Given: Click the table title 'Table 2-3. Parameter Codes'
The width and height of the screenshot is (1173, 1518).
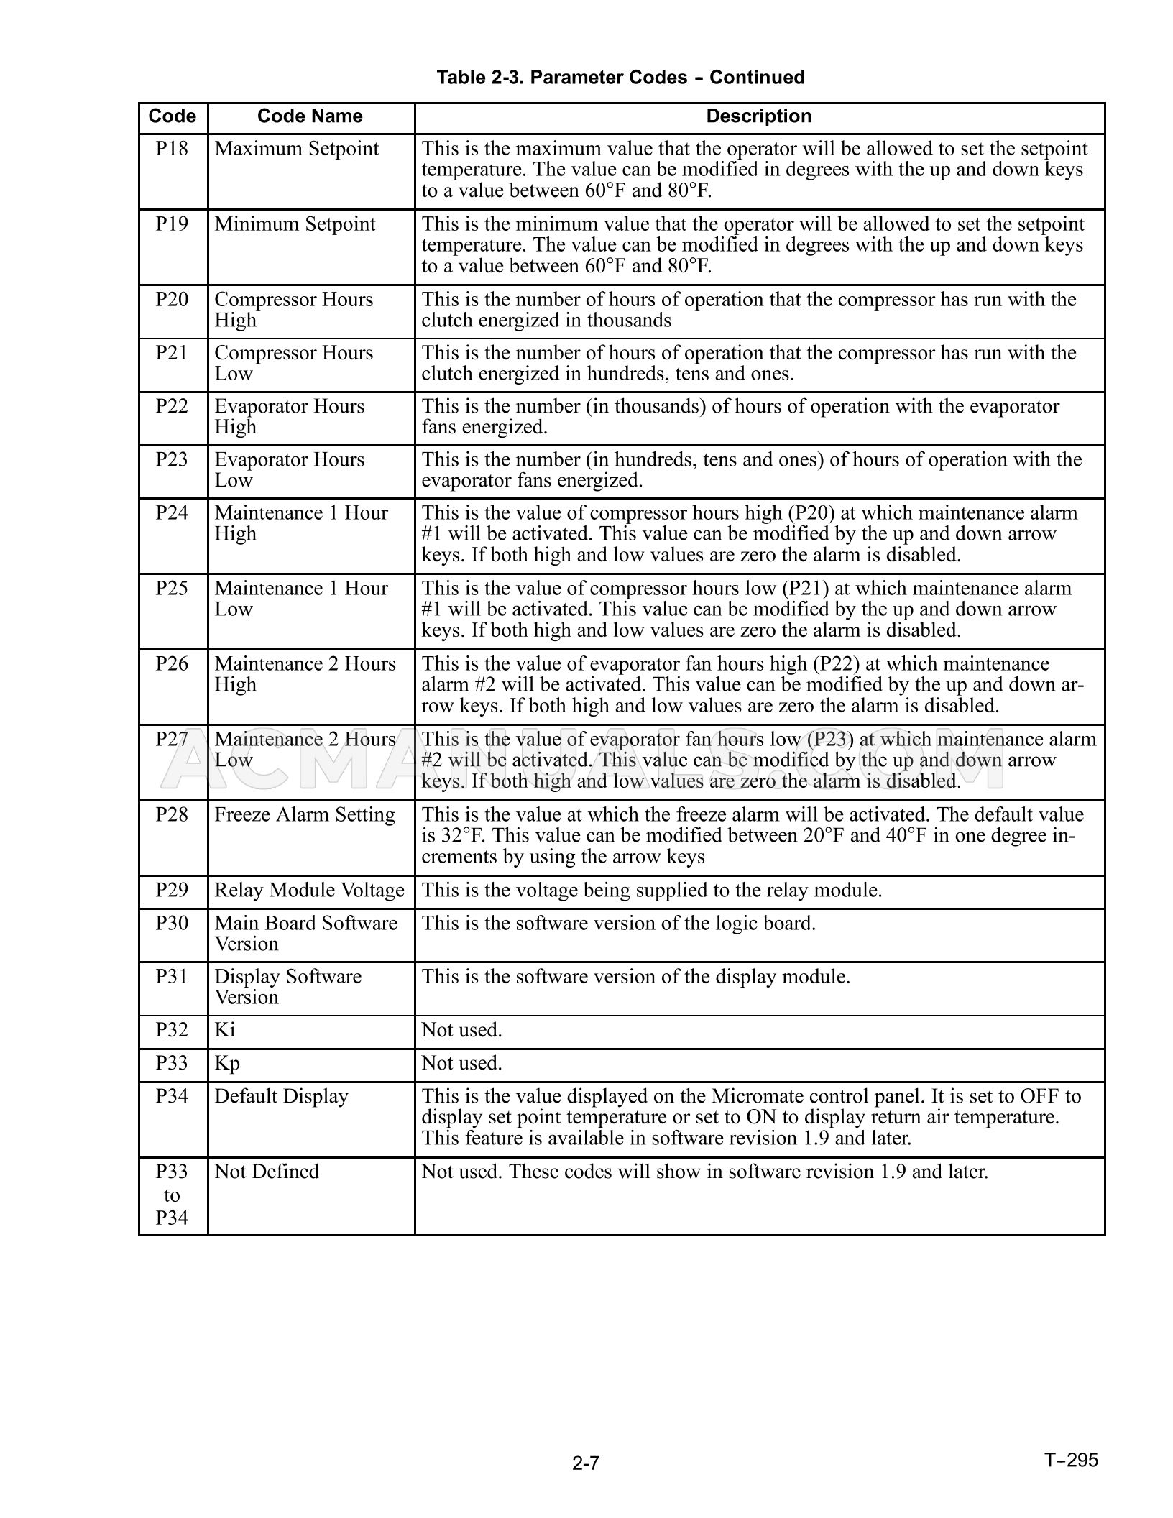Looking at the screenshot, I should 620,77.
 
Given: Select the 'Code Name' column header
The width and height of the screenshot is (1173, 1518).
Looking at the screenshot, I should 310,116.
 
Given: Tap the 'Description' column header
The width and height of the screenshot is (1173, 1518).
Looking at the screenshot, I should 758,116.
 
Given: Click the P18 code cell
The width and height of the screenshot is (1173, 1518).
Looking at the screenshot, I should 172,149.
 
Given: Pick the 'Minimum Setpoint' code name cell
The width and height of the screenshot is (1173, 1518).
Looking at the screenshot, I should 295,224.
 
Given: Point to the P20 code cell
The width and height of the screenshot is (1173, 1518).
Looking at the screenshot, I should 172,300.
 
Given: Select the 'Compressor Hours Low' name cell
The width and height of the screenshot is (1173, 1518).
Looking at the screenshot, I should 293,363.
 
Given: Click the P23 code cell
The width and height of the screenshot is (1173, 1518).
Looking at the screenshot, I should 172,459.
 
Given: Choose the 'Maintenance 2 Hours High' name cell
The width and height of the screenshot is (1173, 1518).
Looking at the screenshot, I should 305,674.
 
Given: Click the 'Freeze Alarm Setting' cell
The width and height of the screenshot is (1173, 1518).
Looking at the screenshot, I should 305,815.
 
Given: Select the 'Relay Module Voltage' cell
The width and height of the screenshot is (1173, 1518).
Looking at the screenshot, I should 309,891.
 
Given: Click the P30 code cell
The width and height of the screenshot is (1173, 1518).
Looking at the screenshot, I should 172,923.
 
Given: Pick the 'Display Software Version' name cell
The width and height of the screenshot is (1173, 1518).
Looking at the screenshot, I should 287,987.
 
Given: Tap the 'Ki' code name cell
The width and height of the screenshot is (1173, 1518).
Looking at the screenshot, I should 225,1031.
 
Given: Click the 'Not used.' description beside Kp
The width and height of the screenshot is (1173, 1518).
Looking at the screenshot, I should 461,1063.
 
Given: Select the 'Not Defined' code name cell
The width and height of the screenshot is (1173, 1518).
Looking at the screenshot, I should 267,1172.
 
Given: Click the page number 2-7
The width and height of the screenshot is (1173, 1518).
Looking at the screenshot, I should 586,1463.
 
